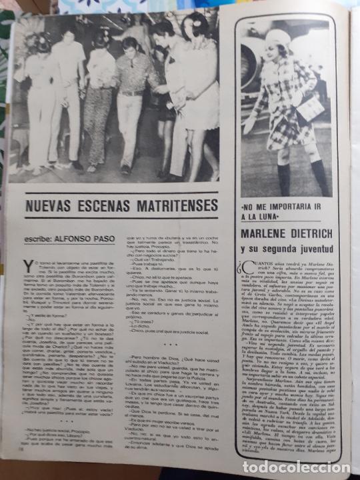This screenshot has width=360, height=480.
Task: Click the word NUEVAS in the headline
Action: [51, 206]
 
